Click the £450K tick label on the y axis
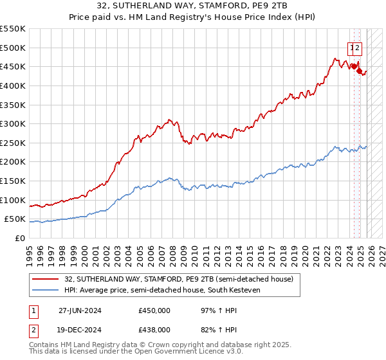13,66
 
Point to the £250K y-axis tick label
13,143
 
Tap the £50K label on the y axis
15,219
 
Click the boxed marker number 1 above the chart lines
352,46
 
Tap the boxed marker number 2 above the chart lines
358,46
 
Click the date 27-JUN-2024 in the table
79,310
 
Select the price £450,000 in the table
154,310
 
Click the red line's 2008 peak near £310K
169,120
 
